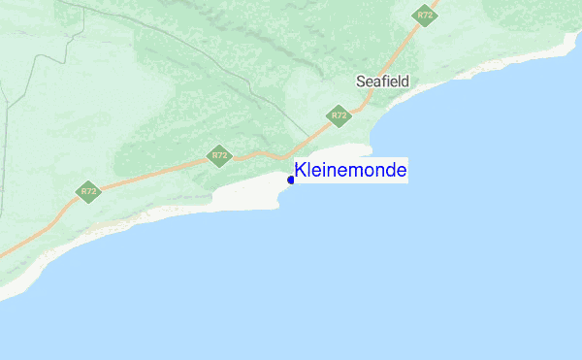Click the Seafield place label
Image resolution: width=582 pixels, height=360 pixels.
coord(382,82)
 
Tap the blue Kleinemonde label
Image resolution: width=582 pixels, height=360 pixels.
coord(351,171)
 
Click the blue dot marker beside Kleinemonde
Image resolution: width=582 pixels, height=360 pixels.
coord(291,180)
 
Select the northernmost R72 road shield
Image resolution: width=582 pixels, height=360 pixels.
coord(423,15)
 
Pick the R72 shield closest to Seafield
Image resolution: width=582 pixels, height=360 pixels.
coord(338,115)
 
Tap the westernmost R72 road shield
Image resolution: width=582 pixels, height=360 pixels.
coord(88,190)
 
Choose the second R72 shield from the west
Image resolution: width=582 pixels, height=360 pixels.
coord(219,155)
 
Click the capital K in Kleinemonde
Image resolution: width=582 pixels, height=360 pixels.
coord(301,171)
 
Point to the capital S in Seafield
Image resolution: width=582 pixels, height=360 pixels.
coord(361,82)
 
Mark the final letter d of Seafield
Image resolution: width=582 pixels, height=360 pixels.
coord(404,82)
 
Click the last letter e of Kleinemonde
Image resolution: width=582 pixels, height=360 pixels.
coord(402,172)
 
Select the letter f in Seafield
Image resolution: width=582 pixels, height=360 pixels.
coord(384,82)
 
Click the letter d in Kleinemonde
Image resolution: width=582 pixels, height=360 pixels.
coord(390,171)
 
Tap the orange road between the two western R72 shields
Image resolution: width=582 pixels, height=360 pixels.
coord(155,174)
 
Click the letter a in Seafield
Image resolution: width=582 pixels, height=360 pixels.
coord(377,82)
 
